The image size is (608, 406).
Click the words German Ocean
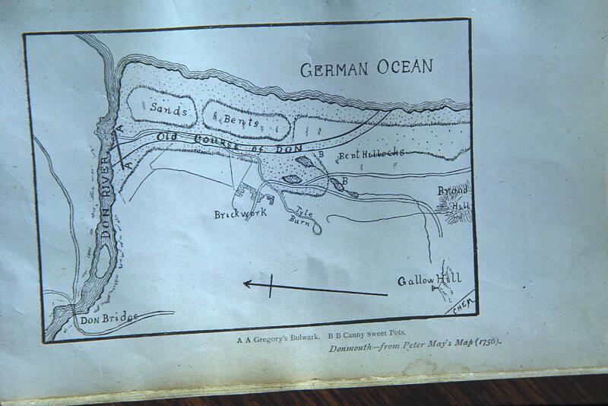366,69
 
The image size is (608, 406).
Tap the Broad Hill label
455,196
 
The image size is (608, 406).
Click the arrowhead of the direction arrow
246,284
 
